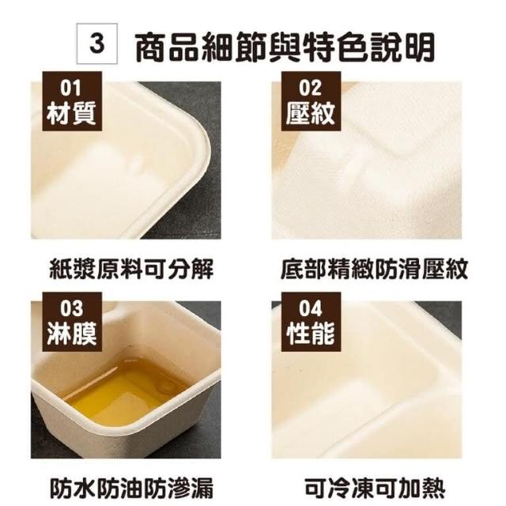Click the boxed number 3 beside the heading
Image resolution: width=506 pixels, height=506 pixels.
point(96,43)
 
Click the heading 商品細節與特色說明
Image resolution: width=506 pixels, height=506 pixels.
point(285,47)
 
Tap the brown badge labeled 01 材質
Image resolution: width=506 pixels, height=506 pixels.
point(72,101)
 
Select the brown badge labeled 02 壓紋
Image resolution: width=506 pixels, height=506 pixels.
point(311,101)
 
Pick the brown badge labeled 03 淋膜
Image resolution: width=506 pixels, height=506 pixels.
point(72,322)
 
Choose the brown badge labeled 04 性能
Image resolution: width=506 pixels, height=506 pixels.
point(311,322)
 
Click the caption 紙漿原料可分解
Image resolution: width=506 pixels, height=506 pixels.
point(132,269)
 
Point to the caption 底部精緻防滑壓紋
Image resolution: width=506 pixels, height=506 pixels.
point(374,269)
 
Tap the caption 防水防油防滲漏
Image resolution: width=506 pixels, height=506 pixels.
point(132,489)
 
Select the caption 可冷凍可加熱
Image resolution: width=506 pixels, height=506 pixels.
point(374,489)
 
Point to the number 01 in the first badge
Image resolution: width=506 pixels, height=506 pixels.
point(70,88)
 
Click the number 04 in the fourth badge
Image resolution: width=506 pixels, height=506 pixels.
point(310,309)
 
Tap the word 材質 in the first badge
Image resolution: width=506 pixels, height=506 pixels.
point(72,113)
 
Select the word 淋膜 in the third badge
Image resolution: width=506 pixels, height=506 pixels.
point(72,334)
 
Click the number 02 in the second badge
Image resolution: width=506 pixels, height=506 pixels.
point(310,88)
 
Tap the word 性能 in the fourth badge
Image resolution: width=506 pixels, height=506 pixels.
point(311,334)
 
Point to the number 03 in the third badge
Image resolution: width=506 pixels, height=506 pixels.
point(71,309)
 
